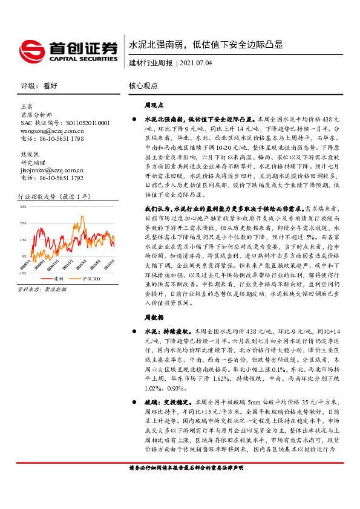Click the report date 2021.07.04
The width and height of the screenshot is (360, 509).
tap(196, 63)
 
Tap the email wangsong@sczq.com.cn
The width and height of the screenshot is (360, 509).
tap(52, 130)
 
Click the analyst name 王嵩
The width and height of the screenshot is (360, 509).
tap(27, 106)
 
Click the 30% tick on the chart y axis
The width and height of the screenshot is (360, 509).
tap(24, 206)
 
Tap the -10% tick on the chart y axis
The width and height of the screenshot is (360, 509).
tap(23, 273)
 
